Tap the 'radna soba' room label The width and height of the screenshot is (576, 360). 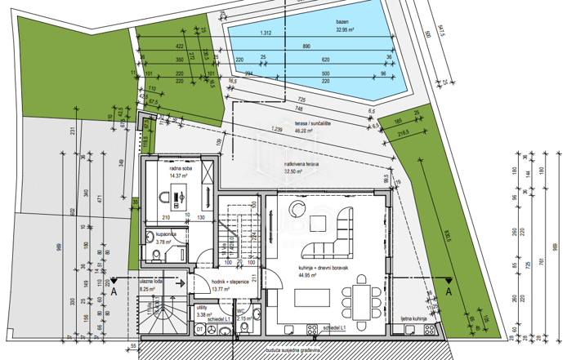(159, 169)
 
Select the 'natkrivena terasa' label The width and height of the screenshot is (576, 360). (301, 161)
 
